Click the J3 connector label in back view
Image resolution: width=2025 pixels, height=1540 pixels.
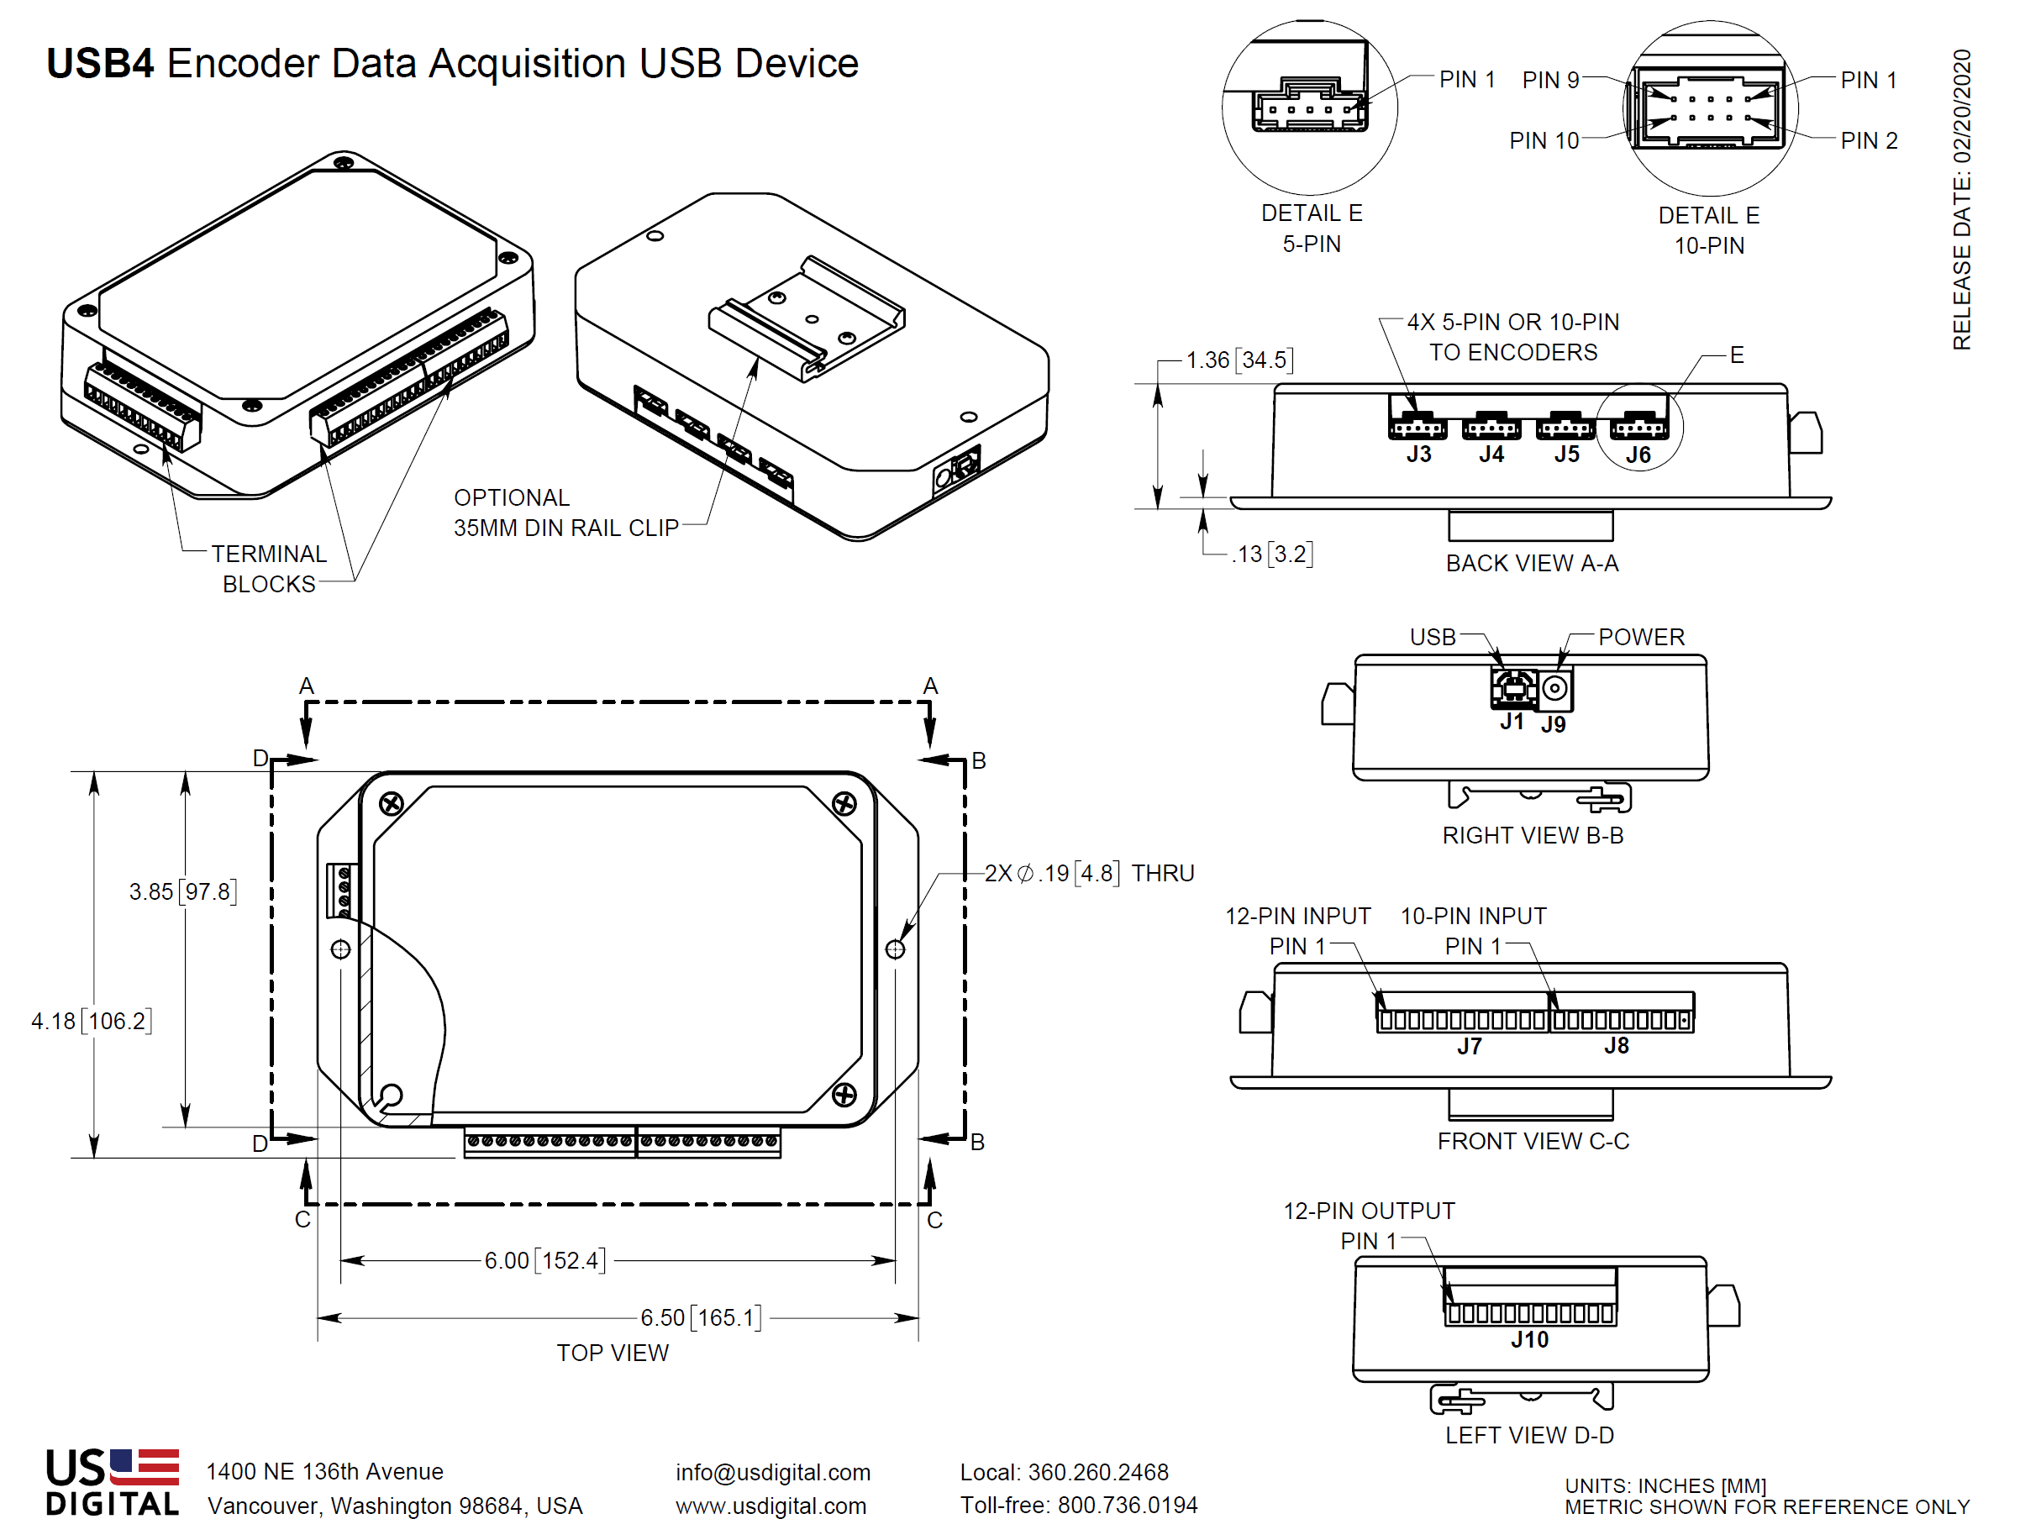click(x=1418, y=454)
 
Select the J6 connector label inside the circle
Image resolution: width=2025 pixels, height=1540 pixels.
click(x=1638, y=455)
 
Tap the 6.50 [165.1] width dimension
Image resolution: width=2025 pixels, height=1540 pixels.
click(x=701, y=1317)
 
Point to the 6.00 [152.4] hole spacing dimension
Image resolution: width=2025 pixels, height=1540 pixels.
click(x=544, y=1260)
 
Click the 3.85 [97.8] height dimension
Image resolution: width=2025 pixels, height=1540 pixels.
click(x=182, y=891)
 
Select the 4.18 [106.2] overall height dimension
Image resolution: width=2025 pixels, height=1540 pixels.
click(x=91, y=1020)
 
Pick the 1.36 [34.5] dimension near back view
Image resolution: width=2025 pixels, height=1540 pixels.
click(x=1239, y=360)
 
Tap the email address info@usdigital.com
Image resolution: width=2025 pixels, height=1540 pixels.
click(x=773, y=1472)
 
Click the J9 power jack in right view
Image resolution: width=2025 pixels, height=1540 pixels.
click(x=1554, y=689)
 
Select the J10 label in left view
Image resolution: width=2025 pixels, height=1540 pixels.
click(x=1529, y=1339)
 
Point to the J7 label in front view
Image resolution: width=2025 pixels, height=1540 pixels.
click(x=1469, y=1046)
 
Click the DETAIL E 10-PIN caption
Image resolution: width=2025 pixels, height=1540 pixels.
click(x=1709, y=230)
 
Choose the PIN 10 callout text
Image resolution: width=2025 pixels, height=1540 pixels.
click(x=1544, y=140)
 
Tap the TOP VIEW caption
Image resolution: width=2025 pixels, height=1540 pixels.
click(x=613, y=1353)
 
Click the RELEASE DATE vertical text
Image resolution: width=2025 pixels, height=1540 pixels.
click(x=1961, y=199)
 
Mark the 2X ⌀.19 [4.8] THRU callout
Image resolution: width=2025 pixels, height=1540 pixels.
click(x=1088, y=873)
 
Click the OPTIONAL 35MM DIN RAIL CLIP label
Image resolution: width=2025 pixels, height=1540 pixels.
click(x=565, y=512)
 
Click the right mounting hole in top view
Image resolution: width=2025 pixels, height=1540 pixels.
click(x=895, y=949)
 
